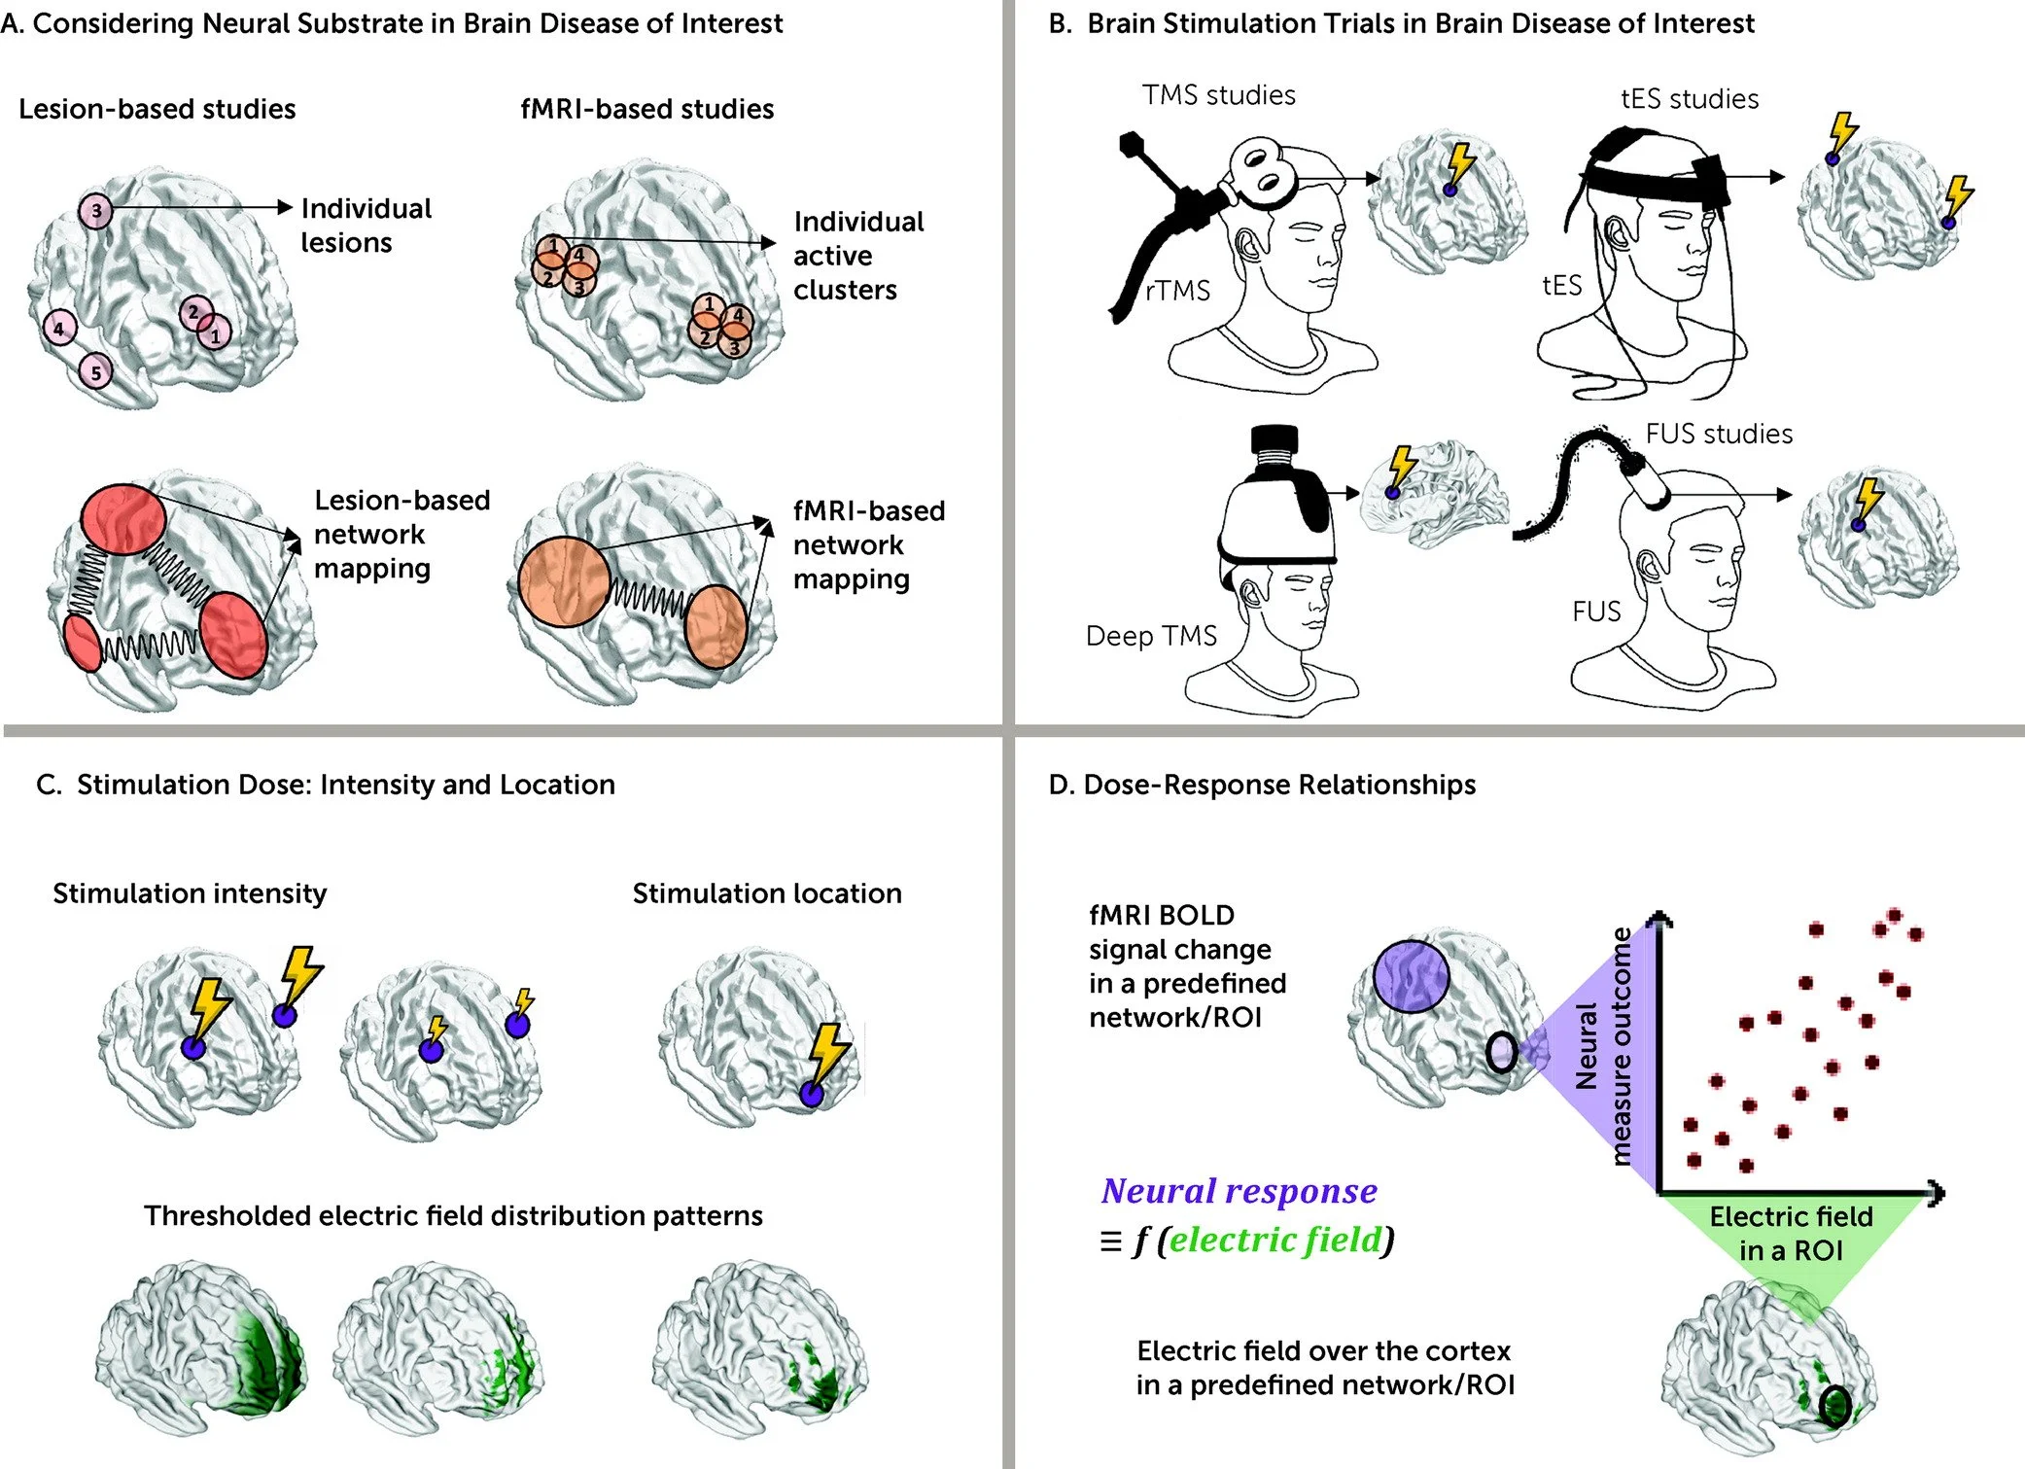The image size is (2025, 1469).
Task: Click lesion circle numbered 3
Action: click(95, 211)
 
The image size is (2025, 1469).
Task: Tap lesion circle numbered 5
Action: click(95, 371)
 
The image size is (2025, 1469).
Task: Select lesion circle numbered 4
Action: click(59, 329)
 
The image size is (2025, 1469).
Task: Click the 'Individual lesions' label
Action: click(366, 226)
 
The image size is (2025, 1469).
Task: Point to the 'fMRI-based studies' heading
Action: click(646, 109)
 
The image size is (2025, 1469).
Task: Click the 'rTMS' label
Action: click(1177, 291)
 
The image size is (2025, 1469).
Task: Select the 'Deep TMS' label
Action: click(1151, 636)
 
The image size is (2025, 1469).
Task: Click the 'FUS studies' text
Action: click(1718, 434)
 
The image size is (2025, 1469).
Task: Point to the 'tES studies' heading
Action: click(1689, 99)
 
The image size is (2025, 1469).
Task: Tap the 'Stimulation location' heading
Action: click(767, 893)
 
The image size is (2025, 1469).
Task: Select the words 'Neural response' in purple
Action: click(1239, 1191)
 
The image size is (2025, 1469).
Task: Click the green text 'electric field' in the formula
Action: click(1274, 1240)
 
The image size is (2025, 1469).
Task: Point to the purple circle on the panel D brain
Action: click(1411, 977)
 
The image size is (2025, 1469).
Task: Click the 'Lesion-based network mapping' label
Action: click(401, 534)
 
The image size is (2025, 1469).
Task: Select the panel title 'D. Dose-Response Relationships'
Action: click(1261, 785)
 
